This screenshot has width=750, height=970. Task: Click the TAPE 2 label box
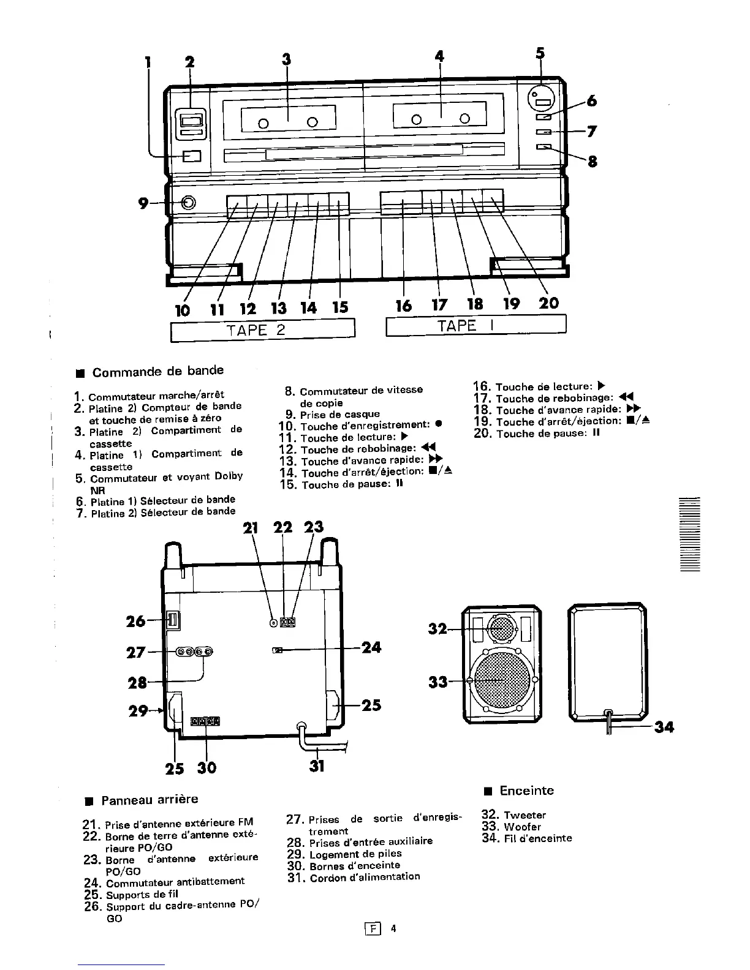click(263, 330)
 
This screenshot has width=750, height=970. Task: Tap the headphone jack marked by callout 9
click(188, 203)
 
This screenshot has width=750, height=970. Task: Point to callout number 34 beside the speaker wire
click(664, 727)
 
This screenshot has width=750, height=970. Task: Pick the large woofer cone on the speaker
click(501, 680)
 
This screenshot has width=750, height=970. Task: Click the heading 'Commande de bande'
click(157, 371)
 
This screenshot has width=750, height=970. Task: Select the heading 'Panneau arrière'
click(150, 799)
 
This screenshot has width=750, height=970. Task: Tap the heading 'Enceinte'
click(526, 791)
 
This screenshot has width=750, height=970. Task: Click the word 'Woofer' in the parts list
click(522, 827)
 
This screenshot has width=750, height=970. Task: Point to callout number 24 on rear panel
click(371, 647)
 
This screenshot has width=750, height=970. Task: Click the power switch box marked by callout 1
click(192, 157)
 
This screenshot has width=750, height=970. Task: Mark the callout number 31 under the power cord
click(316, 765)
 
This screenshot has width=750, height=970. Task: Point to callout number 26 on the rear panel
click(135, 621)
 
